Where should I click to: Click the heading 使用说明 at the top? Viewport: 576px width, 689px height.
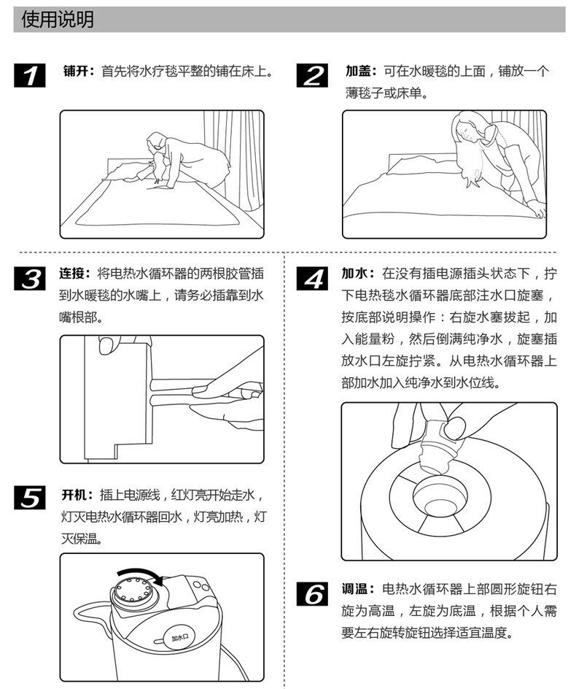coord(58,20)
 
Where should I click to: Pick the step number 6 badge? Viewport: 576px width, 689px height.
coord(312,594)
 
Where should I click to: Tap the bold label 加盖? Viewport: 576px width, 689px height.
coord(359,72)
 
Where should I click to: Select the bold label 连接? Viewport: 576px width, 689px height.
coord(75,274)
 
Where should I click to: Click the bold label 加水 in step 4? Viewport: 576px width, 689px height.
coord(358,274)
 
